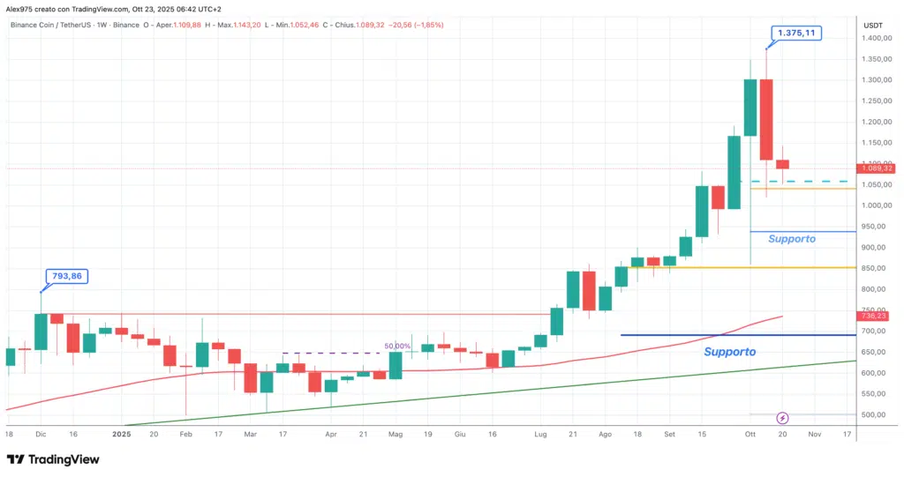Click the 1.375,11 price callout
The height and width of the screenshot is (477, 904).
pos(795,34)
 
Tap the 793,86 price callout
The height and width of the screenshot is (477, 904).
pos(65,276)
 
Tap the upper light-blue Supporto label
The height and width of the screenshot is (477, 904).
pos(792,239)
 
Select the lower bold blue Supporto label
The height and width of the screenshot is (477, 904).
pos(729,352)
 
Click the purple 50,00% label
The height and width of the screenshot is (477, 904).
pos(396,347)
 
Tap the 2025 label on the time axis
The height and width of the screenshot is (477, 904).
pos(122,434)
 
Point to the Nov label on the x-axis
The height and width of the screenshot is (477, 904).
pos(814,434)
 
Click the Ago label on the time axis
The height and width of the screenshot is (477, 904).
pos(605,434)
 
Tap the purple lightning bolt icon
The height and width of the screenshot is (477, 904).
pos(781,417)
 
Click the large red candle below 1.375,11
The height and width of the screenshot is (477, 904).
pos(766,120)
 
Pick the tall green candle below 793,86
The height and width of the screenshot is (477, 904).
pos(41,332)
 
